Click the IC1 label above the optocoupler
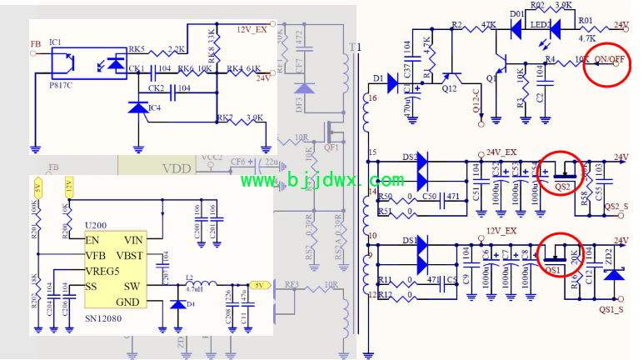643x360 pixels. coord(56,41)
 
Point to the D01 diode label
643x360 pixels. coord(516,14)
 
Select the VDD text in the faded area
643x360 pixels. coord(177,169)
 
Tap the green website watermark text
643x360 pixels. coord(322,180)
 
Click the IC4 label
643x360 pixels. coord(155,107)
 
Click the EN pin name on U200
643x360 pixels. coord(92,240)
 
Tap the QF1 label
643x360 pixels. coord(330,148)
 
